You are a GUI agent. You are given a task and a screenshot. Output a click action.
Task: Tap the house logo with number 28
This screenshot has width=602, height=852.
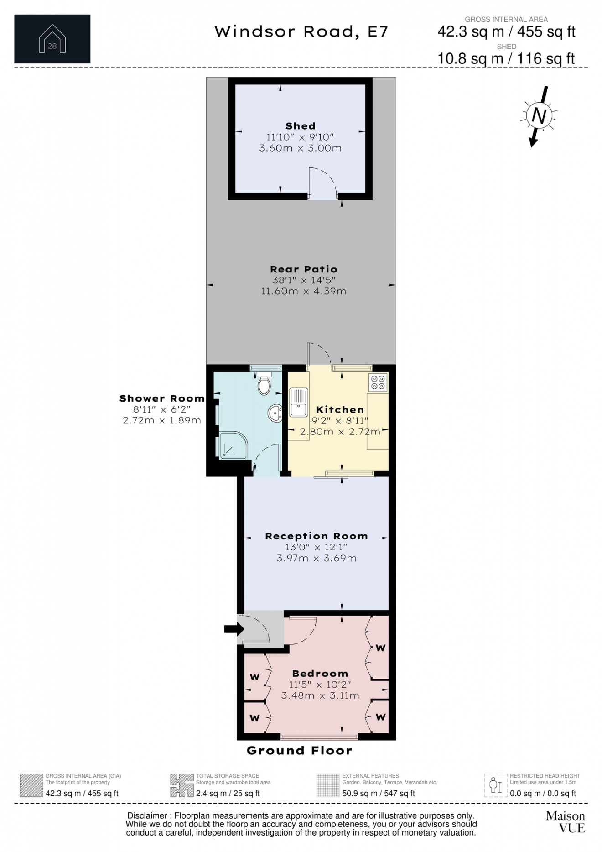pos(52,39)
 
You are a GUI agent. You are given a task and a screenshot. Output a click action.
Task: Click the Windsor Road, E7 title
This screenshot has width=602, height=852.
pos(301,31)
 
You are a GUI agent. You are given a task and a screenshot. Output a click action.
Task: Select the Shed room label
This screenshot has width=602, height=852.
pos(300,126)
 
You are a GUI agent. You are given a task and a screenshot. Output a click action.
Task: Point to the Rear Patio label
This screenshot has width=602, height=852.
pos(303,269)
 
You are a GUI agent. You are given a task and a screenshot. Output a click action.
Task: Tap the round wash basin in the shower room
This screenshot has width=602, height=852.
pos(275,413)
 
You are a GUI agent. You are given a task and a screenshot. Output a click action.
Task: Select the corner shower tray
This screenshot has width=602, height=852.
pos(234,445)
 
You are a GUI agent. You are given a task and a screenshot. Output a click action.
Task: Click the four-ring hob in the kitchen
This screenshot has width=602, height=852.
pos(378,382)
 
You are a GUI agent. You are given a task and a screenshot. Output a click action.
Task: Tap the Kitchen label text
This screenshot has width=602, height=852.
pos(340,409)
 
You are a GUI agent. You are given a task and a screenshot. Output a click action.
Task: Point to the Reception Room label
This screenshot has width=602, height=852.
pos(316,536)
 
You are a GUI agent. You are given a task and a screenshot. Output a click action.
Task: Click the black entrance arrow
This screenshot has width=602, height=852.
pos(234,629)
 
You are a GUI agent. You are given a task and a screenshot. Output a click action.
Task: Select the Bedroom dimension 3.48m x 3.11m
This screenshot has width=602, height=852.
pos(320,695)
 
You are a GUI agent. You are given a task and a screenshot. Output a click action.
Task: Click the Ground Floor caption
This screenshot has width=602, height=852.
pos(299,751)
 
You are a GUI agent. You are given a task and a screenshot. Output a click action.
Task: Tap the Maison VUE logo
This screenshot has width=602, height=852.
pos(565,821)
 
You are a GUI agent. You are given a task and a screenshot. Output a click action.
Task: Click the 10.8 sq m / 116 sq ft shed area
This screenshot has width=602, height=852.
pos(506,58)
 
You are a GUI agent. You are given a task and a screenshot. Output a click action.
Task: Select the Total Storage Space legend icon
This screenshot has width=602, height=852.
pos(181,785)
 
